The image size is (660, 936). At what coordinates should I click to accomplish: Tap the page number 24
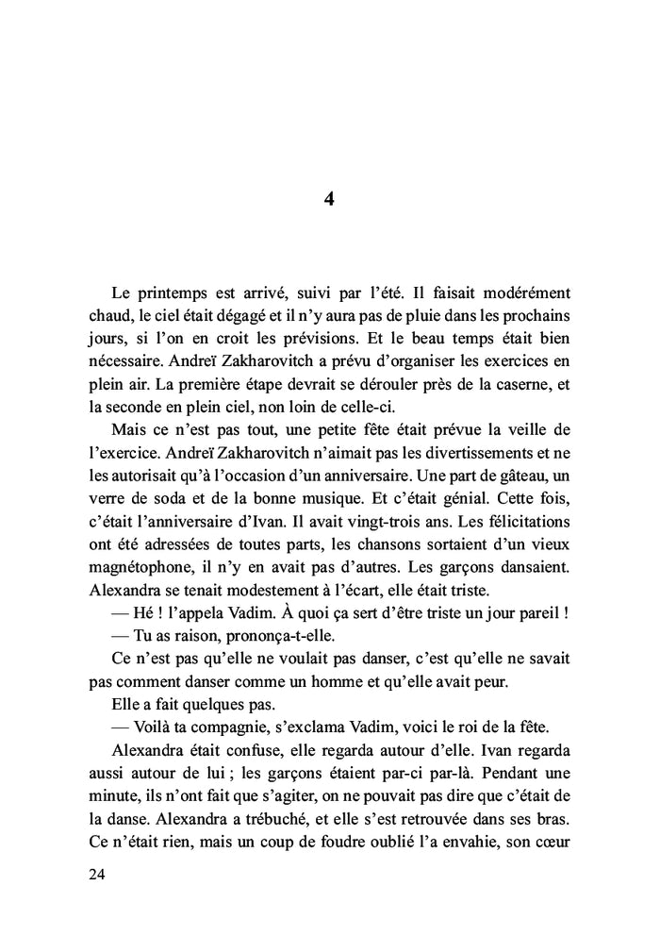point(95,875)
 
